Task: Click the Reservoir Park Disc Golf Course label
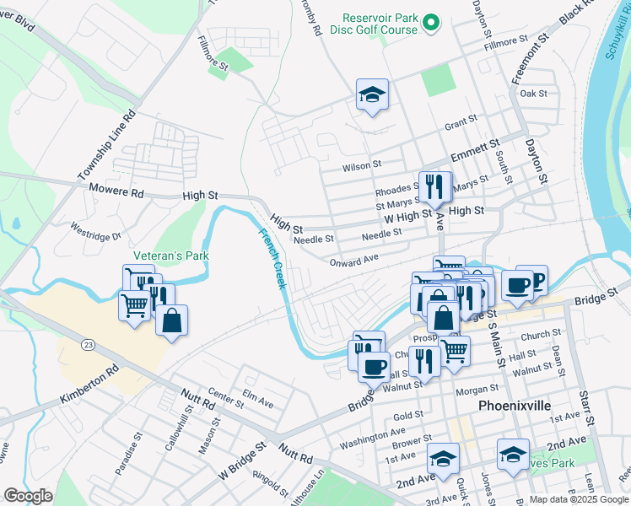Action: tap(380, 24)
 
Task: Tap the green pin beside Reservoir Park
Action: tap(432, 23)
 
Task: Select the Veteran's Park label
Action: tap(170, 256)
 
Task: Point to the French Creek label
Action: tap(272, 259)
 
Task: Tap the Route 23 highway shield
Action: tap(87, 344)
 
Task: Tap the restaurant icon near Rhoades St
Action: tap(434, 186)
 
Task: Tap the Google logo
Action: tap(28, 496)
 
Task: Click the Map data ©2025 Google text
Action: tap(579, 499)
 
